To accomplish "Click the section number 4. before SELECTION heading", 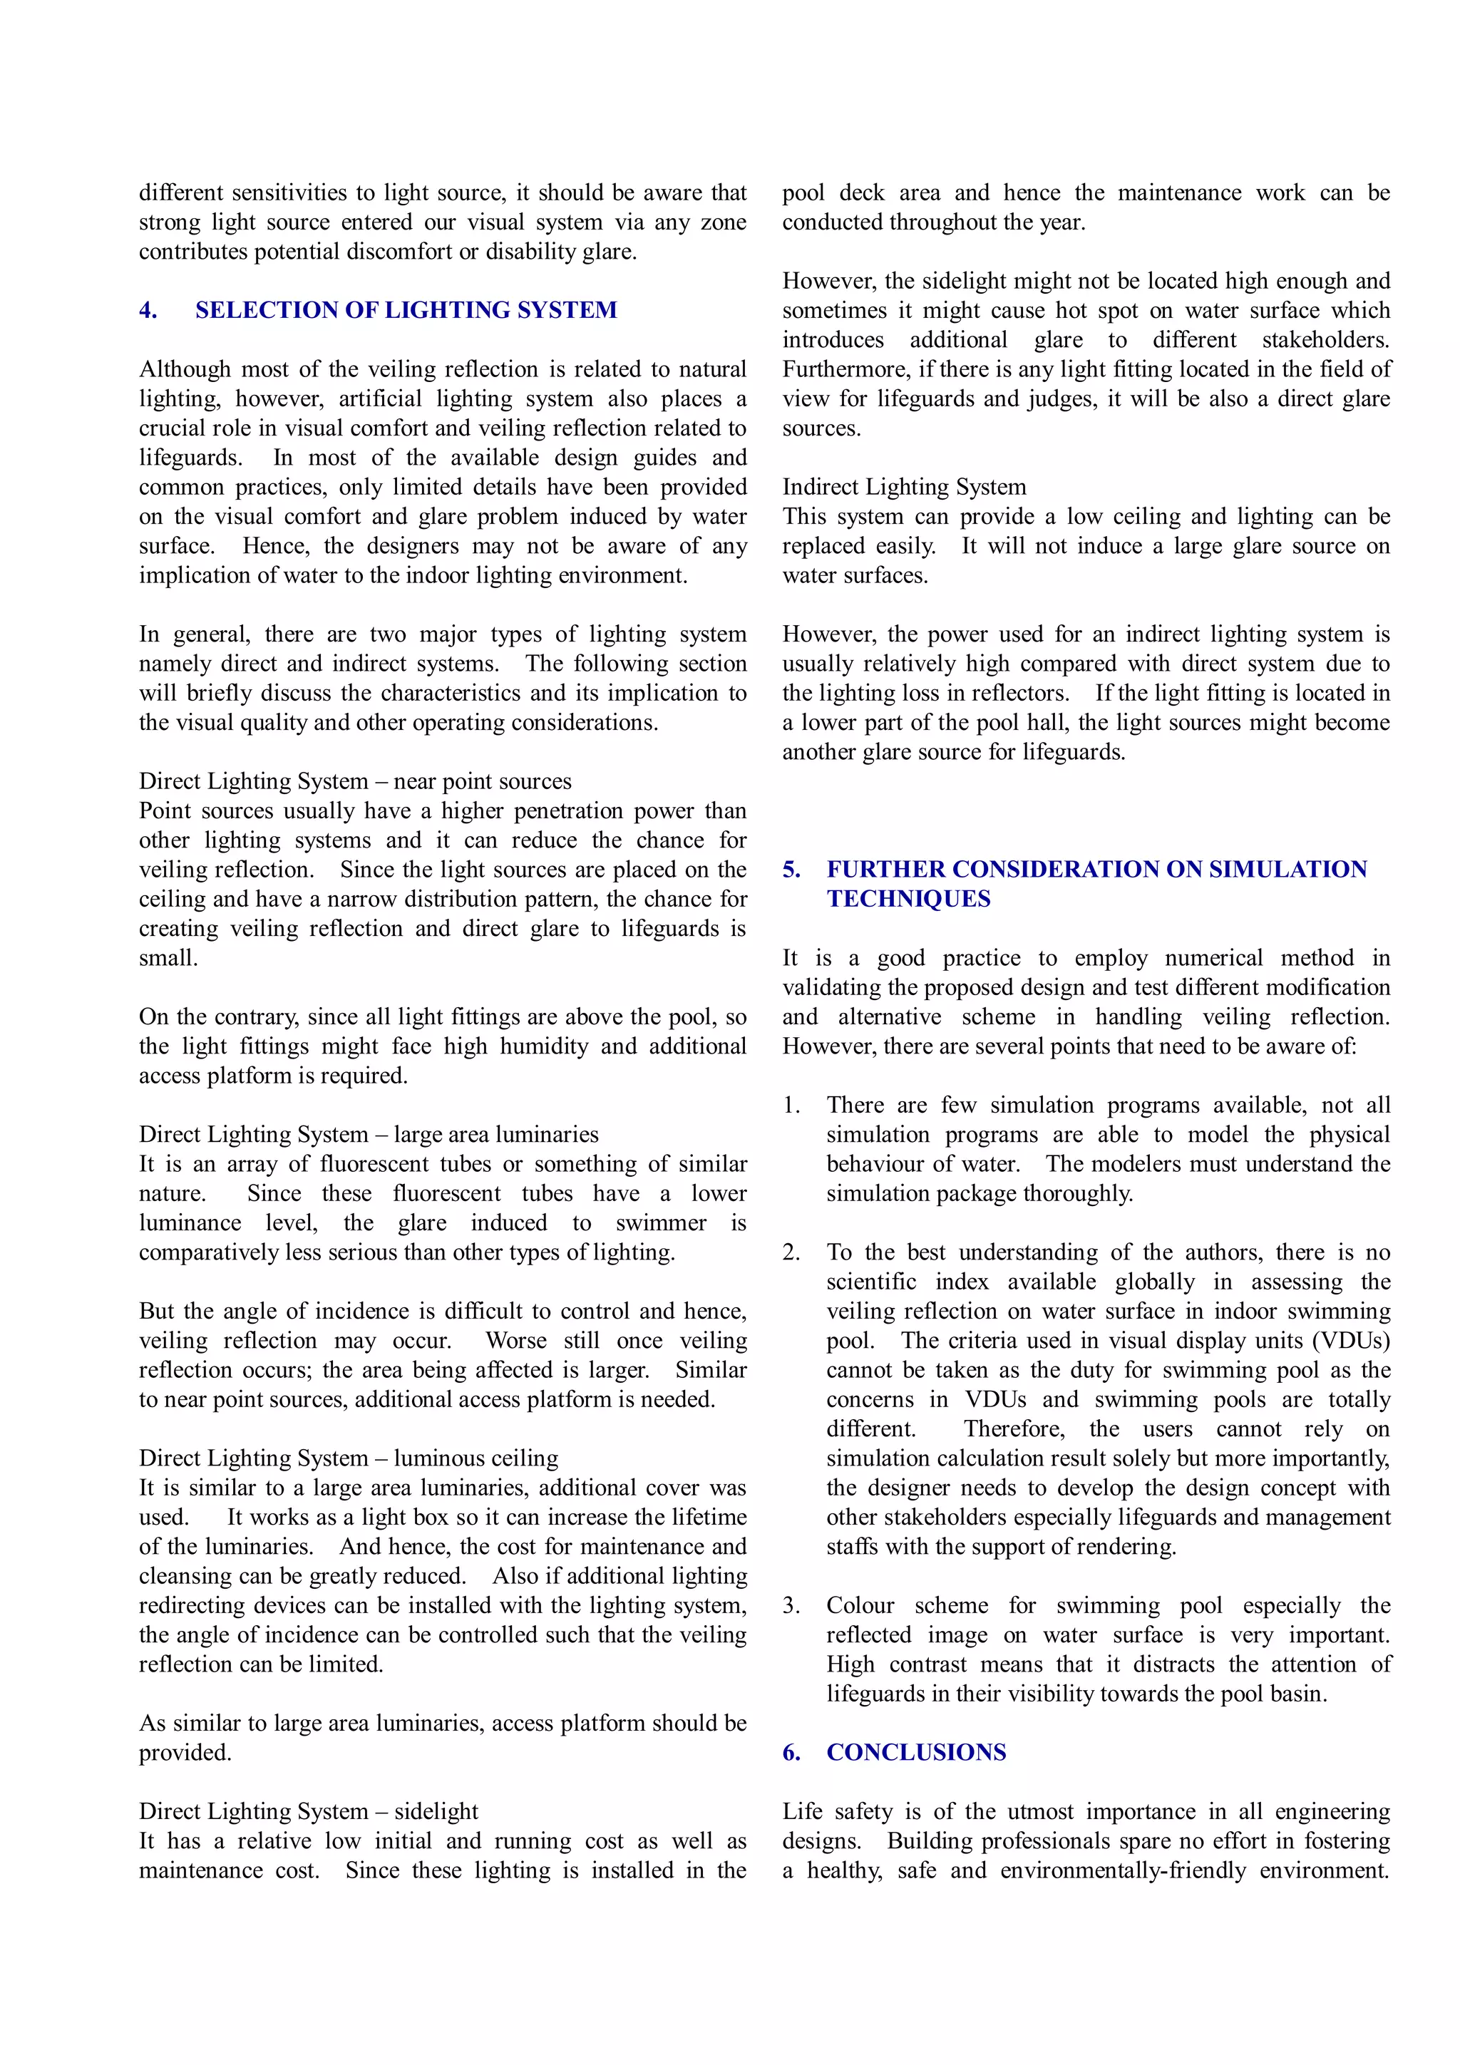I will pyautogui.click(x=148, y=310).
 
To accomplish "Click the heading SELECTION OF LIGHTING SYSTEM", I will pyautogui.click(x=406, y=310).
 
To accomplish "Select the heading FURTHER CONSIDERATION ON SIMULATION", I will pyautogui.click(x=1096, y=870).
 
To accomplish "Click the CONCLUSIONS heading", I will pyautogui.click(x=916, y=1753).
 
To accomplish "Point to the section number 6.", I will pyautogui.click(x=791, y=1753).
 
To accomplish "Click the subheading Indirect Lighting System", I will pyautogui.click(x=903, y=488).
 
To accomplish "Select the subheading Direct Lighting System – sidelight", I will pyautogui.click(x=309, y=1811).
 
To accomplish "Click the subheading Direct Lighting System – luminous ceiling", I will pyautogui.click(x=348, y=1458).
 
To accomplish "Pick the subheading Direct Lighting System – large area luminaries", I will pyautogui.click(x=368, y=1134).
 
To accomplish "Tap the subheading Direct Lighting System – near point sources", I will pyautogui.click(x=354, y=781).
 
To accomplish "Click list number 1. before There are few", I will pyautogui.click(x=791, y=1106).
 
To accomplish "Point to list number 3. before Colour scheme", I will pyautogui.click(x=791, y=1605).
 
